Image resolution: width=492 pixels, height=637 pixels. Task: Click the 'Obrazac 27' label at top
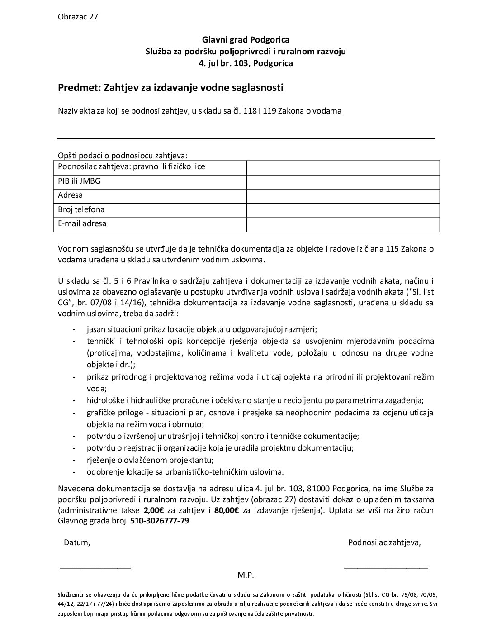[x=78, y=17]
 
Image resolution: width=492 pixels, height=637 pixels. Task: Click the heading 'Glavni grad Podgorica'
[x=246, y=40]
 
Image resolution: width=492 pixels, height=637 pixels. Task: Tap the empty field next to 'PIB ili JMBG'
[x=343, y=181]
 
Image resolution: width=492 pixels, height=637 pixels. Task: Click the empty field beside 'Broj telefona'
[x=343, y=210]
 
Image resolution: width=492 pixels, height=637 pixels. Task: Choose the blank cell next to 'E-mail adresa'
[x=343, y=224]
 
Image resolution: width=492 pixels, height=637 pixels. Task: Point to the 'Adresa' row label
[x=71, y=195]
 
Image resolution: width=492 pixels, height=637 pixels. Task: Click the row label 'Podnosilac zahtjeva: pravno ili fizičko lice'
[x=132, y=167]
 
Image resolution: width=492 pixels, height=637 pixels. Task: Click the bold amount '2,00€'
[x=154, y=511]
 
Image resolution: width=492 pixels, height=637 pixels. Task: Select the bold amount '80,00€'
[x=227, y=511]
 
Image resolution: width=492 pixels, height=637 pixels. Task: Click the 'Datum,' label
[x=77, y=543]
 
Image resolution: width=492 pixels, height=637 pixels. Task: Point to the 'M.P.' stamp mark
[x=246, y=575]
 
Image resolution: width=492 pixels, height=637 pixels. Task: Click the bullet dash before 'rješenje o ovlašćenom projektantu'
[x=74, y=461]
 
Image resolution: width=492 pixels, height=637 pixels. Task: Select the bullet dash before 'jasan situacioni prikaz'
[x=74, y=330]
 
